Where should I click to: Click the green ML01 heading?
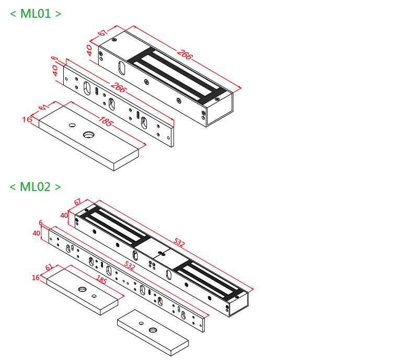pyautogui.click(x=36, y=14)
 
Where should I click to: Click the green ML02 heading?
pyautogui.click(x=36, y=187)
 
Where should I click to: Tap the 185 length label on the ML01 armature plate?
pyautogui.click(x=105, y=122)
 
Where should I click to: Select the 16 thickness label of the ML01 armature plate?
pyautogui.click(x=27, y=119)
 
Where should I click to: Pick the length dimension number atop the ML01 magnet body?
pyautogui.click(x=184, y=54)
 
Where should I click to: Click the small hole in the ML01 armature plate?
pyautogui.click(x=72, y=126)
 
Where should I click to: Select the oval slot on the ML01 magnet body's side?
pyautogui.click(x=121, y=68)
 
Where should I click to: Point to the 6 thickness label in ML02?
pyautogui.click(x=41, y=223)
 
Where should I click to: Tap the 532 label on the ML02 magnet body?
pyautogui.click(x=179, y=243)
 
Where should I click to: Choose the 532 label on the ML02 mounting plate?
pyautogui.click(x=130, y=266)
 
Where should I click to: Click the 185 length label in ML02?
pyautogui.click(x=101, y=281)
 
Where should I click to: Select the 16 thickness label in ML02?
pyautogui.click(x=36, y=278)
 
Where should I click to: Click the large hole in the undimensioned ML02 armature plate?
pyautogui.click(x=152, y=330)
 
